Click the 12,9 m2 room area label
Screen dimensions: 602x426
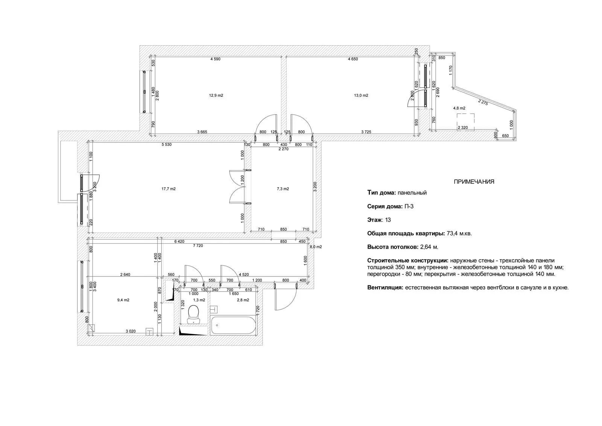coord(216,95)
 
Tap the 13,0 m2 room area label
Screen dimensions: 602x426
coord(361,95)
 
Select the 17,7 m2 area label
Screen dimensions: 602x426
coord(169,189)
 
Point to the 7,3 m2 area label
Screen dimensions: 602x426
coord(283,189)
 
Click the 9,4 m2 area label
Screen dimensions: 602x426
coord(123,300)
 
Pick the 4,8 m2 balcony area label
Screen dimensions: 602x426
coord(459,108)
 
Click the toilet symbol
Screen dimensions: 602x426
coord(193,314)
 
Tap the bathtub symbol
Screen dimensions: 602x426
coord(233,325)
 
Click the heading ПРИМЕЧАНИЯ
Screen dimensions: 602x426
coord(474,182)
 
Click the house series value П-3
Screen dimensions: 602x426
coord(409,206)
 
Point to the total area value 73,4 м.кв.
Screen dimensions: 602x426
coord(459,233)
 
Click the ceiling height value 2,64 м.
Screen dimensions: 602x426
coord(429,247)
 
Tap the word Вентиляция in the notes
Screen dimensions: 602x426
coord(385,287)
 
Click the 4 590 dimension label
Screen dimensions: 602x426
coord(215,59)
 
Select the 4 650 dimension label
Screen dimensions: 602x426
coord(353,59)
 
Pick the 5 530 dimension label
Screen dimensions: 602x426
coord(166,145)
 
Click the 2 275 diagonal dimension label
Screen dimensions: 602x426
coord(483,102)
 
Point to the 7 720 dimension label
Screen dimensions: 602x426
coord(198,246)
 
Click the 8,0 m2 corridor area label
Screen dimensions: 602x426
coord(316,246)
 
